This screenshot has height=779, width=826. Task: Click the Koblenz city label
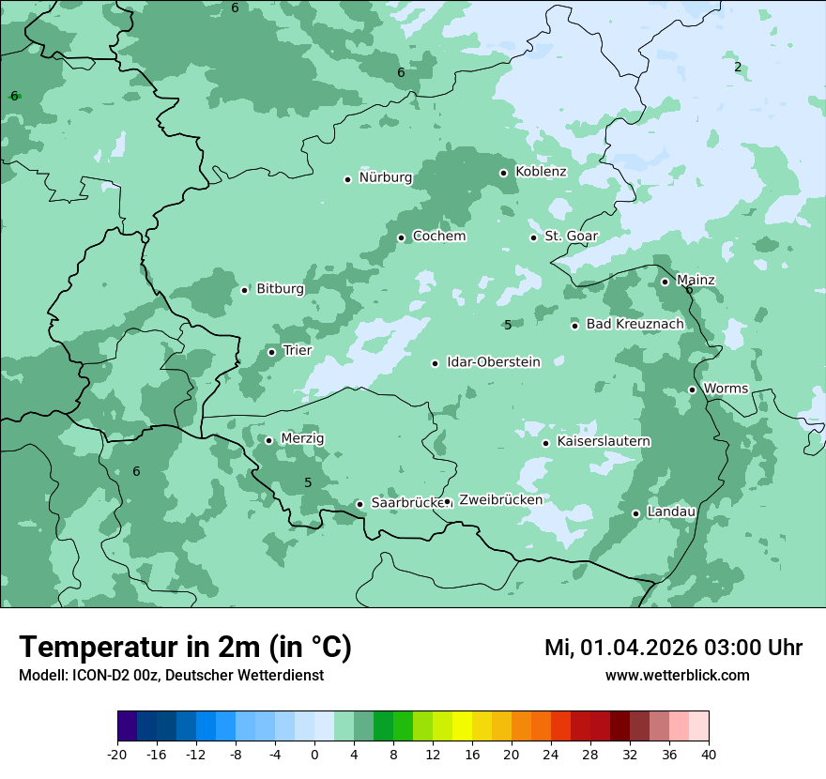[541, 172]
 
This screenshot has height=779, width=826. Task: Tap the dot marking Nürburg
[347, 179]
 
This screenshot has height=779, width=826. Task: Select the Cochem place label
[438, 237]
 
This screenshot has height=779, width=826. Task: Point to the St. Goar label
[571, 237]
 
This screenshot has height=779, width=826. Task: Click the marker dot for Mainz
[665, 282]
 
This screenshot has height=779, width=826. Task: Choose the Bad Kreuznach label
[635, 325]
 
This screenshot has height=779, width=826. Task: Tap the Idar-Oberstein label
[493, 362]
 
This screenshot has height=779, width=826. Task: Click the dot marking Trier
[271, 353]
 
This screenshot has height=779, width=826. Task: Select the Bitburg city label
[280, 289]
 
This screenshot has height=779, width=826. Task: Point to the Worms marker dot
[692, 389]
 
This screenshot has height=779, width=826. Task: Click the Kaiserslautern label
[604, 442]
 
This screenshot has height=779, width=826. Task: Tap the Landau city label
[671, 512]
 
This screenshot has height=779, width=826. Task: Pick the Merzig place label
[302, 439]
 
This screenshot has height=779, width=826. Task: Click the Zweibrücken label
[500, 500]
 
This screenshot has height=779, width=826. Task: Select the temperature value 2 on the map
[738, 67]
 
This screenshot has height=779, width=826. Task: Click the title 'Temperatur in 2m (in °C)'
[185, 648]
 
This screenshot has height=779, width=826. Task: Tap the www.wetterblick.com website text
[677, 676]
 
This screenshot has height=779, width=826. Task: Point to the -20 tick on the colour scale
[117, 754]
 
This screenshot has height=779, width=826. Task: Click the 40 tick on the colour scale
[709, 754]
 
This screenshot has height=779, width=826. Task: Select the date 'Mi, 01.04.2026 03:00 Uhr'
[673, 648]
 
